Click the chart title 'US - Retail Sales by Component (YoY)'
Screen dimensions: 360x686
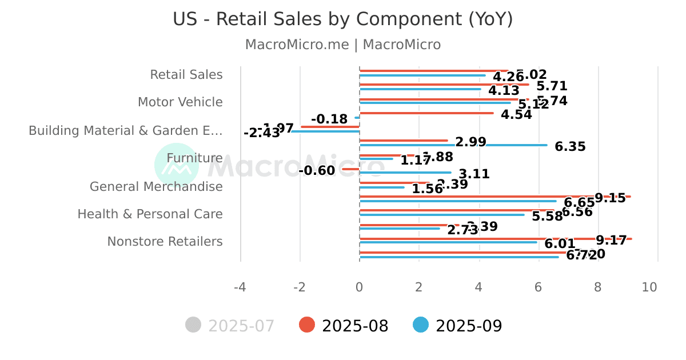click(x=343, y=19)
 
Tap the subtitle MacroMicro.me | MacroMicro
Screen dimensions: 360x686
click(x=343, y=45)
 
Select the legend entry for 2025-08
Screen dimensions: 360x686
click(x=344, y=326)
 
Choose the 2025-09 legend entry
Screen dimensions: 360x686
click(x=458, y=326)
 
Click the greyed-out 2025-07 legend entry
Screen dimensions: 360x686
click(x=230, y=326)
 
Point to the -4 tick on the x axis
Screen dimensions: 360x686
click(x=240, y=287)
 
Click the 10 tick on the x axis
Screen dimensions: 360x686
click(x=649, y=287)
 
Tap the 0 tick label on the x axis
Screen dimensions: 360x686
click(x=359, y=287)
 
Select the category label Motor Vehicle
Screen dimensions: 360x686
click(x=180, y=102)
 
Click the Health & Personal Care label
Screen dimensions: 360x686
click(x=150, y=214)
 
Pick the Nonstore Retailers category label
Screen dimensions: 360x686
click(x=165, y=242)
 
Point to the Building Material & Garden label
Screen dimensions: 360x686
click(x=126, y=130)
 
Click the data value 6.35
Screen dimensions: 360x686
click(x=570, y=147)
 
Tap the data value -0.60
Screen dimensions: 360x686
click(x=317, y=171)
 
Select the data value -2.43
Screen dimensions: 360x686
click(x=262, y=133)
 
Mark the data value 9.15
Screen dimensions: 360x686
click(x=610, y=198)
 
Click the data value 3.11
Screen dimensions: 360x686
click(x=474, y=174)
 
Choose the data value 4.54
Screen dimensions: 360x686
click(x=516, y=114)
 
